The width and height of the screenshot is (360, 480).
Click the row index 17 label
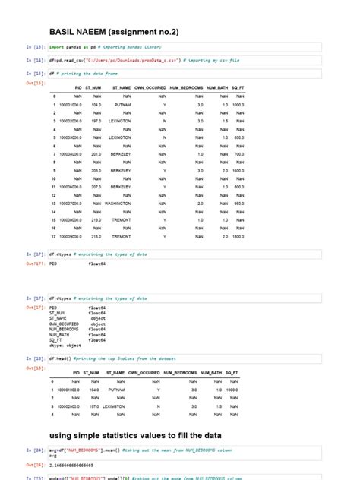point(55,236)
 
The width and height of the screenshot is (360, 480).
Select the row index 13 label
point(55,203)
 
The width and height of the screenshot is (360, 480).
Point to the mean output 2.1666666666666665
point(81,464)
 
